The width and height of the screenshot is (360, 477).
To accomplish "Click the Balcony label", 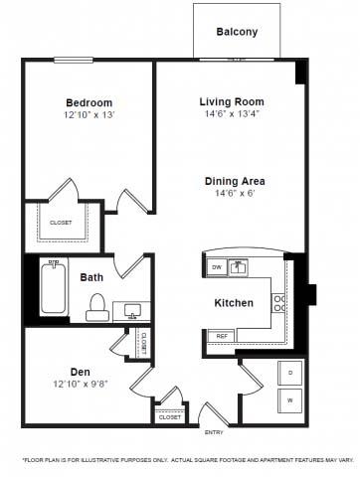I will [x=237, y=32].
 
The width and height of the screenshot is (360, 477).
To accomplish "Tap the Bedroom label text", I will [x=89, y=102].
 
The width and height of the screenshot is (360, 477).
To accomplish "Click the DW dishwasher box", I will [x=216, y=267].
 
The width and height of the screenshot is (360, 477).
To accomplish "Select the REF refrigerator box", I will [x=218, y=337].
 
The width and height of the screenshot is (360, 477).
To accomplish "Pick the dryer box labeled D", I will [x=290, y=373].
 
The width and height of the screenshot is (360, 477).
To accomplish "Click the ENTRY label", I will [x=214, y=433].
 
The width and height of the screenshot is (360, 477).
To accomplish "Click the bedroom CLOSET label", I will [x=61, y=223].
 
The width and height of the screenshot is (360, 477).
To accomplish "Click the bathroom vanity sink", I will [x=132, y=311].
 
